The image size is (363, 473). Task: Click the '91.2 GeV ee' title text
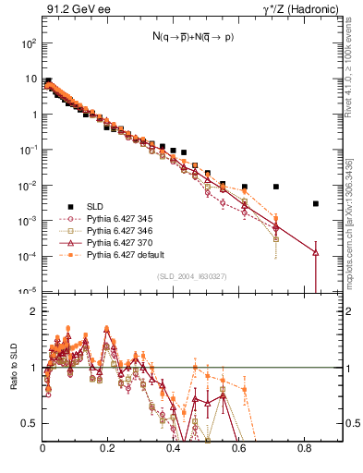tap(75, 9)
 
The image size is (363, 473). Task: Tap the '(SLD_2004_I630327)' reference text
tap(191, 275)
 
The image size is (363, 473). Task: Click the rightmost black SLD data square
tap(316, 203)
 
